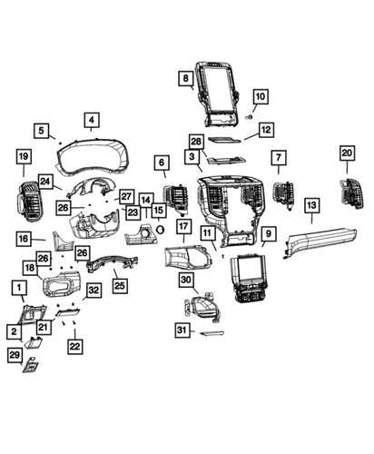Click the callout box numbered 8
coord(186,79)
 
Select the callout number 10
coord(260,97)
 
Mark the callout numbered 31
coord(182,331)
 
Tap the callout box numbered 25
coord(119,285)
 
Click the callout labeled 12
coord(264,131)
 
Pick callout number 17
coord(182,226)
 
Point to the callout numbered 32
coord(93,291)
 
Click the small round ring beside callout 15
coord(159,229)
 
